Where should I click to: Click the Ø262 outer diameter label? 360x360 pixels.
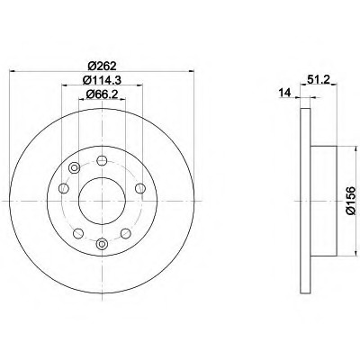click(102, 65)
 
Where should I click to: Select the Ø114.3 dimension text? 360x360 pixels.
click(102, 79)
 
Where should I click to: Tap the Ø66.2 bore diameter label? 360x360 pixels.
click(102, 94)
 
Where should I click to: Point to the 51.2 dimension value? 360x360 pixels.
click(318, 79)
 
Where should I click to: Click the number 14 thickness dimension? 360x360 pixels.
click(285, 93)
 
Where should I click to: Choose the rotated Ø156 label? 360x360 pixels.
click(350, 201)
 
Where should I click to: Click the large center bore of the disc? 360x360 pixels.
click(102, 201)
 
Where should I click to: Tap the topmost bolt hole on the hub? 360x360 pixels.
click(102, 160)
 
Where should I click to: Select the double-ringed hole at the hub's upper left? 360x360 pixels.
click(74, 167)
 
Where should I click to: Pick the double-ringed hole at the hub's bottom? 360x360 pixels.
click(102, 243)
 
